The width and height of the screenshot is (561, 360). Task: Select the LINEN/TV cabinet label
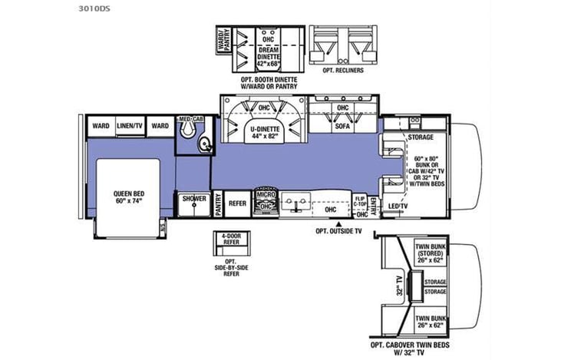pyautogui.click(x=130, y=126)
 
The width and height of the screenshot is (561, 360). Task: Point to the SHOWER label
pyautogui.click(x=193, y=199)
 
